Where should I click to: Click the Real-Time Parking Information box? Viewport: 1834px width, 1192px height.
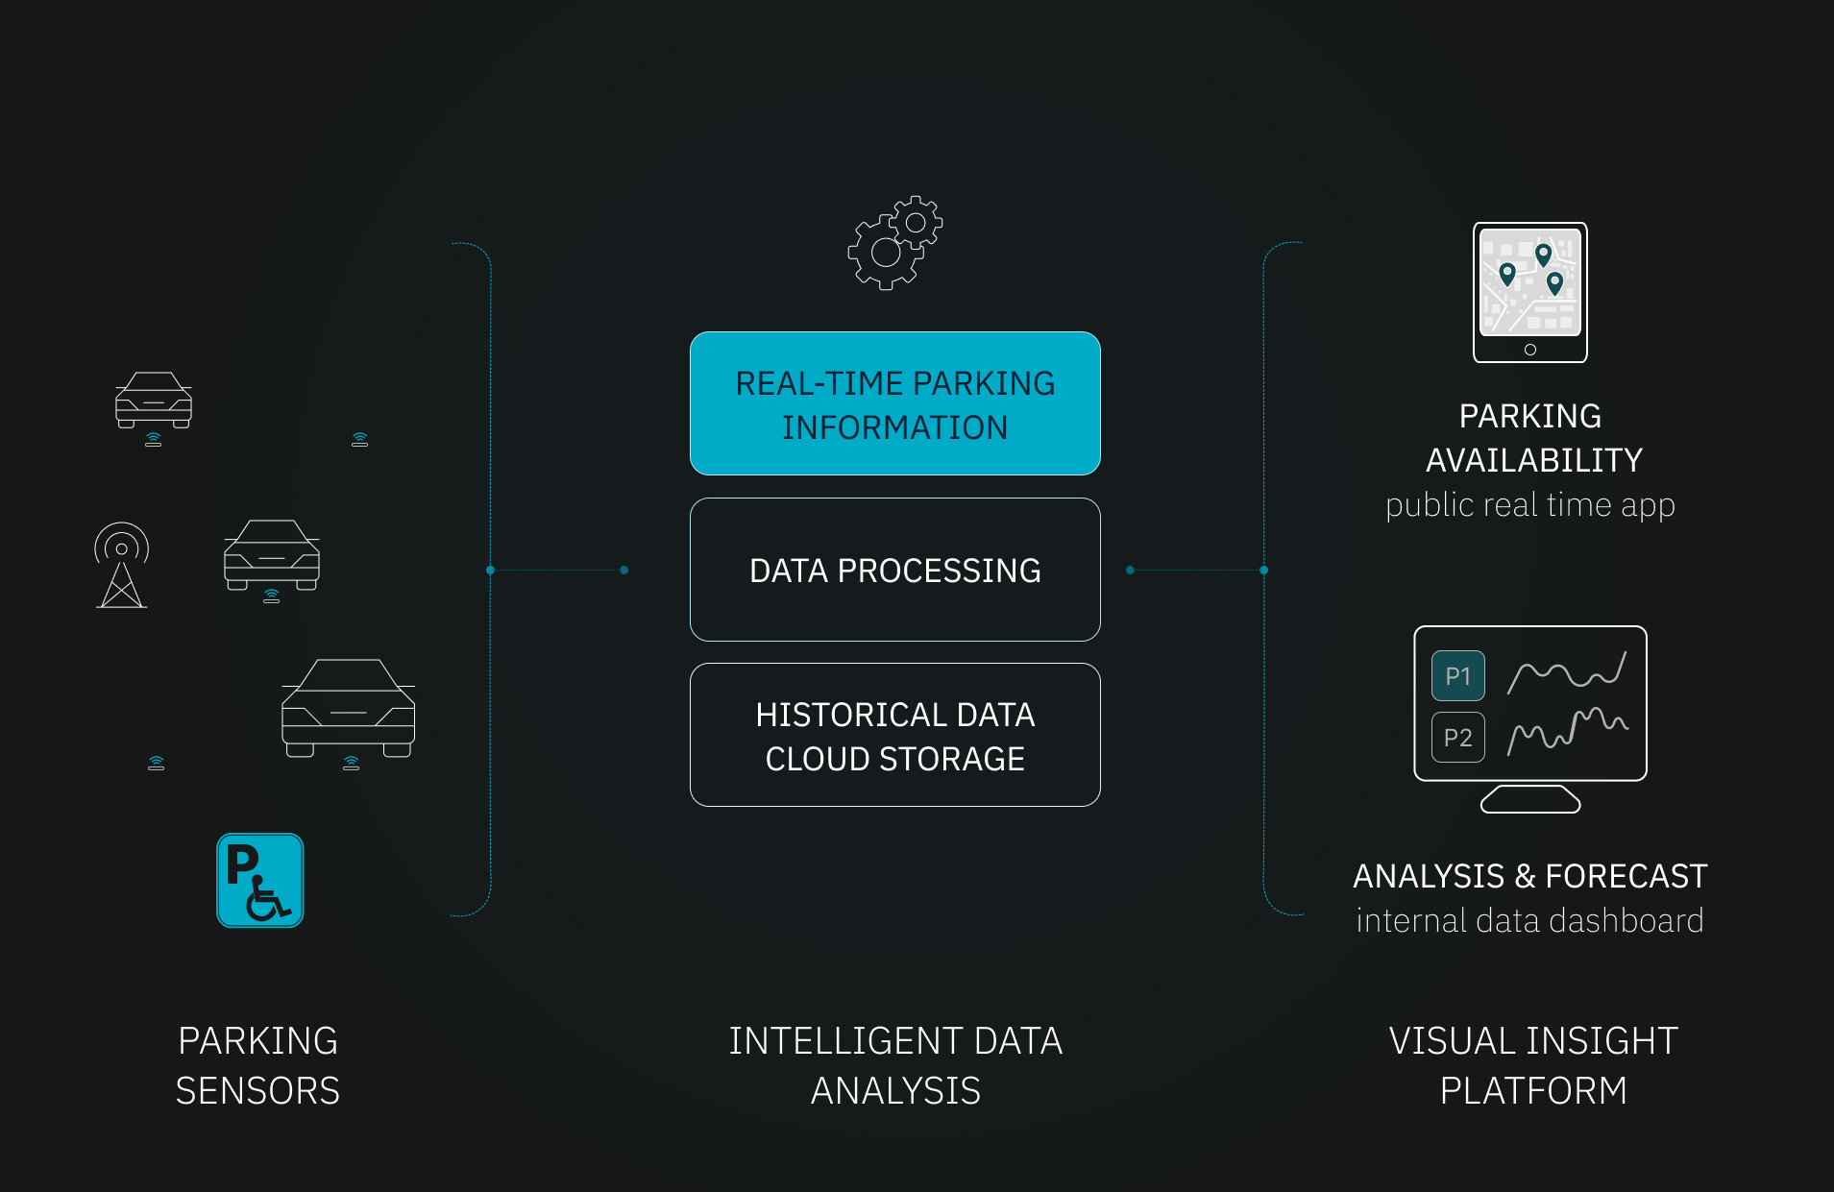tap(894, 403)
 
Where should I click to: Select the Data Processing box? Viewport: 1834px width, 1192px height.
tap(894, 570)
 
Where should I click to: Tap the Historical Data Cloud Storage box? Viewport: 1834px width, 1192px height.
tap(894, 735)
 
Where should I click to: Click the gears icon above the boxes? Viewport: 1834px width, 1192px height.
tap(894, 242)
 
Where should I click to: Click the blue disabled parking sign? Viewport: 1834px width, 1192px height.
tap(259, 880)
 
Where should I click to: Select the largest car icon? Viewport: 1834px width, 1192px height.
tap(348, 709)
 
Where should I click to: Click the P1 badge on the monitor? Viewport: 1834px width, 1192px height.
tap(1457, 676)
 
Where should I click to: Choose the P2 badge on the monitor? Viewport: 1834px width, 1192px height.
tap(1457, 738)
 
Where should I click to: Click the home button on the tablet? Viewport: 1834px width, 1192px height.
tap(1529, 350)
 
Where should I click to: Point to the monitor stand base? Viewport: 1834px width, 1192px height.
tap(1529, 800)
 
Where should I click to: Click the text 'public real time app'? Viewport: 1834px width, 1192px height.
tap(1529, 505)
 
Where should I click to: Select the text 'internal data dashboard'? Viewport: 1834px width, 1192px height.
tap(1529, 921)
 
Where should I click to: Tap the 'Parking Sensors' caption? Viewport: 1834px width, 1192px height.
tap(257, 1066)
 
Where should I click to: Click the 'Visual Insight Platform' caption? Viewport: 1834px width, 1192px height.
tap(1532, 1066)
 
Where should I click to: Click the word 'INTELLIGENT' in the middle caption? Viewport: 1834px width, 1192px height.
tap(845, 1041)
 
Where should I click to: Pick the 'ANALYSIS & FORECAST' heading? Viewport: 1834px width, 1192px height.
tap(1529, 876)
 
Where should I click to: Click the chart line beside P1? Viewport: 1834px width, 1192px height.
tap(1567, 672)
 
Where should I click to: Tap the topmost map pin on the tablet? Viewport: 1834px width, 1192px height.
tap(1543, 254)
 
